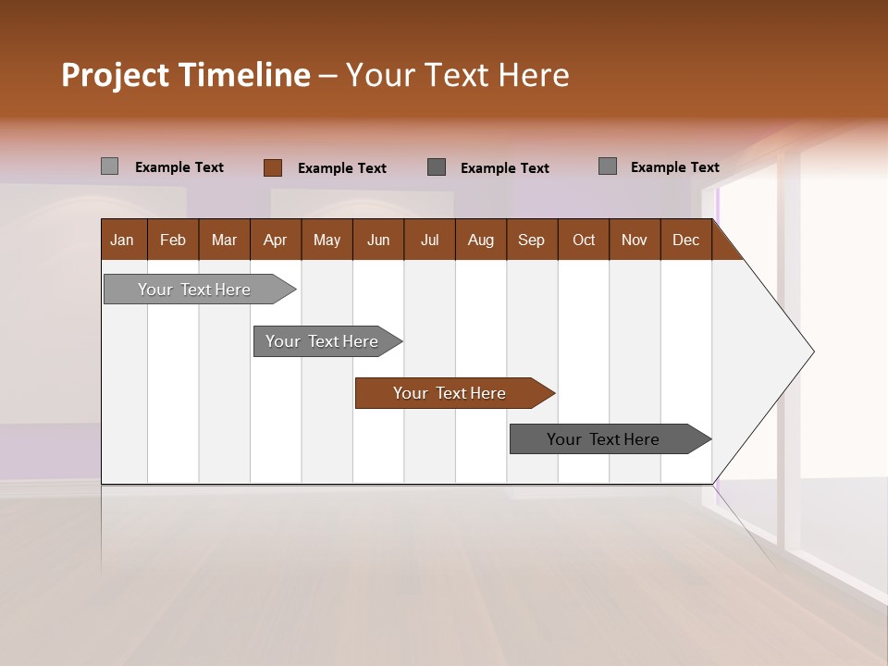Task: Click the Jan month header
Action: tap(123, 240)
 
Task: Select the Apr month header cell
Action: tap(276, 240)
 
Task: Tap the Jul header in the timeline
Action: tap(430, 240)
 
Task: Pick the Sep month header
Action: tap(532, 240)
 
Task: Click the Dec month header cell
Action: tap(686, 240)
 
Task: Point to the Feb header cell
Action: tap(173, 240)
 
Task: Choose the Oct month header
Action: tap(584, 240)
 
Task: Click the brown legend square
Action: tap(272, 167)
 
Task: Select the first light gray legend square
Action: tap(109, 166)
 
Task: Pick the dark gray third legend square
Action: tap(437, 166)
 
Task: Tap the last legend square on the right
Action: tap(608, 166)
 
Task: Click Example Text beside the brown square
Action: tap(341, 168)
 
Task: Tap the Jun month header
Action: tap(378, 240)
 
